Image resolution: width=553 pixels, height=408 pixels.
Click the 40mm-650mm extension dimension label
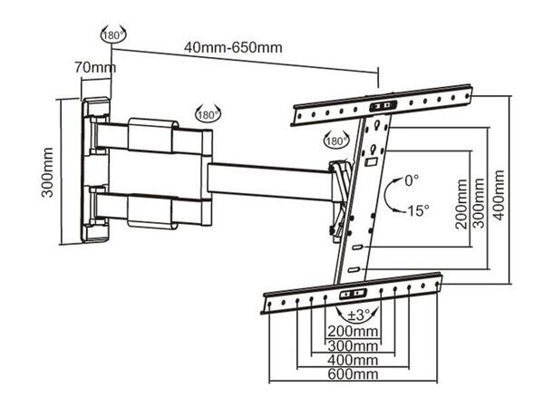point(233,48)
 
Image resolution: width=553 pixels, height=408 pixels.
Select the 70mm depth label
point(93,67)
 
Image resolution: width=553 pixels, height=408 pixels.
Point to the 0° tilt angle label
point(413,180)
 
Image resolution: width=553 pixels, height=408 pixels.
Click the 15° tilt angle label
point(417,210)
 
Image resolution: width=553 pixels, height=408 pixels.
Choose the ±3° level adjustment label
point(354,316)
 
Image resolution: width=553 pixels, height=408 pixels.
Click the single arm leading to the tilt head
point(267,173)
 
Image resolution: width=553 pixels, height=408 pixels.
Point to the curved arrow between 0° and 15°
point(390,195)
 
